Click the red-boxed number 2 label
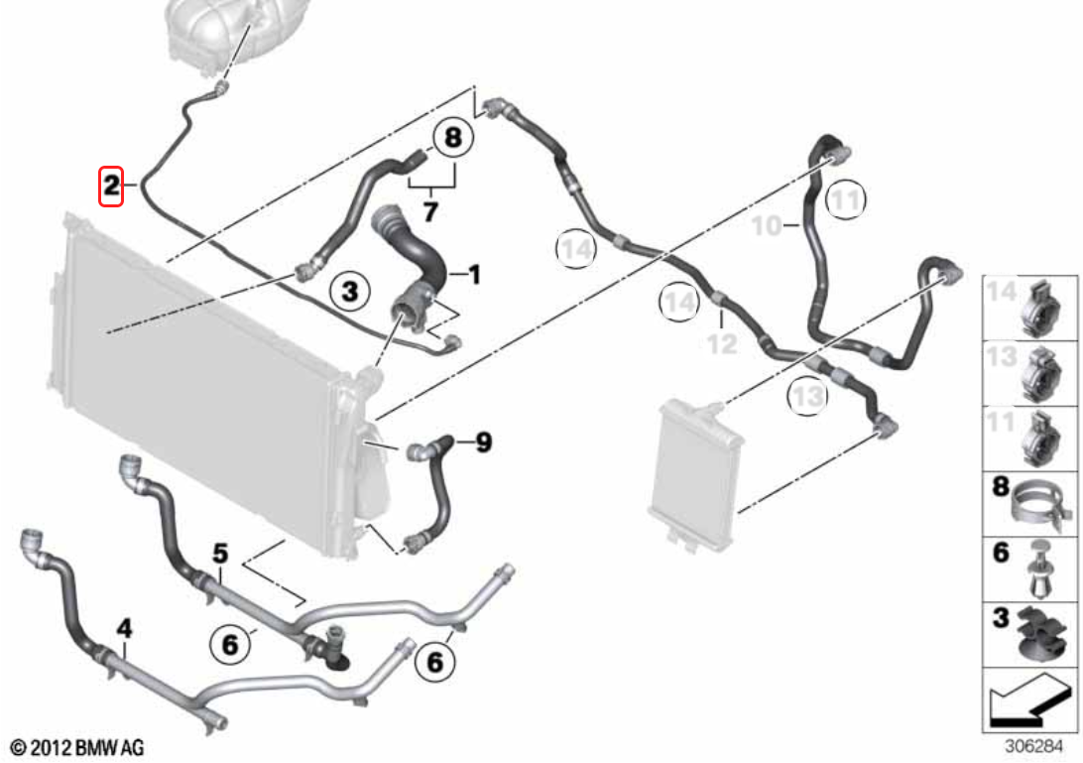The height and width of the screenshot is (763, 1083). [110, 186]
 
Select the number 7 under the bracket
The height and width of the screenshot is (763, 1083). [430, 210]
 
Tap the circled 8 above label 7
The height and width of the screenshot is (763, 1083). [452, 138]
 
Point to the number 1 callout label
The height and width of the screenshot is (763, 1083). [474, 275]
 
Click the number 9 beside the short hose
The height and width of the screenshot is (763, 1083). [484, 442]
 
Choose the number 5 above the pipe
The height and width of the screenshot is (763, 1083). [219, 554]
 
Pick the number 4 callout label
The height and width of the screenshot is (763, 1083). [124, 628]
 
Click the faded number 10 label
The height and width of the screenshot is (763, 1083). [766, 225]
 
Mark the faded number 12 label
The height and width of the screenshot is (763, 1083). [722, 343]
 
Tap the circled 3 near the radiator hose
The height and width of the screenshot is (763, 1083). [349, 291]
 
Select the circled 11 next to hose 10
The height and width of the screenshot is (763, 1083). [845, 199]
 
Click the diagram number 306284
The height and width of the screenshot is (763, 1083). [1033, 747]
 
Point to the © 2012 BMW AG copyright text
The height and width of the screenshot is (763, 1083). [78, 748]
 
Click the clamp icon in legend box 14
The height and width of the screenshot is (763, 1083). [1045, 309]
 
